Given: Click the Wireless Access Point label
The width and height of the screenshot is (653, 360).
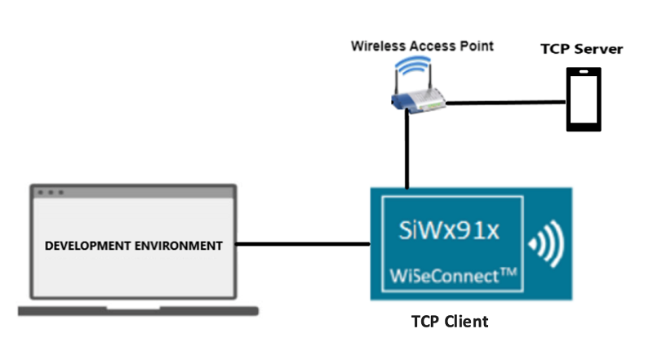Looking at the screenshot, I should [x=422, y=46].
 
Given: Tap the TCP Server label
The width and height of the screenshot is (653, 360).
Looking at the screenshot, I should [x=581, y=49].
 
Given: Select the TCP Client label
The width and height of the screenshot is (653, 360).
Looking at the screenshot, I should [x=449, y=321].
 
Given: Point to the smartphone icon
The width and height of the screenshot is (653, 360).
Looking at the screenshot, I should [x=584, y=99].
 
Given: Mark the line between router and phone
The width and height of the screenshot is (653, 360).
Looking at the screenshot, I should [x=506, y=103].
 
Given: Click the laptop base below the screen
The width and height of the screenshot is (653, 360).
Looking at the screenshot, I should [x=138, y=311].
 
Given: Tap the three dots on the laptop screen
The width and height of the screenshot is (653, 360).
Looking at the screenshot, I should [x=50, y=193].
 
